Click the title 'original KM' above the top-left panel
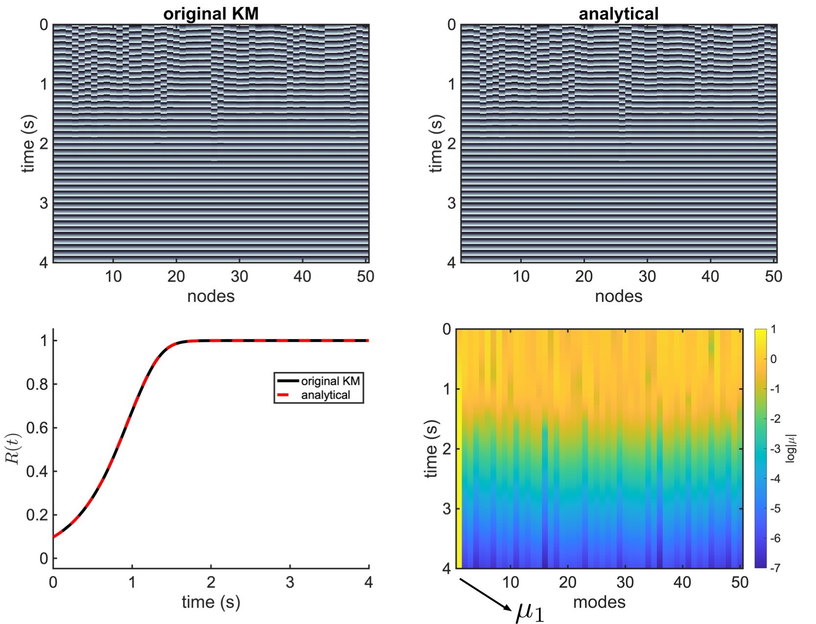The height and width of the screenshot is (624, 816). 210,13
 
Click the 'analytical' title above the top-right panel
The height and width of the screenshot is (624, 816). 618,13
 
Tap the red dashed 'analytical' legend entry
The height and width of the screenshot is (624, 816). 326,395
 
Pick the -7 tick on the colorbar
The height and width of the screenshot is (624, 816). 774,568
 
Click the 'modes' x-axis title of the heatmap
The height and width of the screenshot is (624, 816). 599,601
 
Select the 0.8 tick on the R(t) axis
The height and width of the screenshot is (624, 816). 37,385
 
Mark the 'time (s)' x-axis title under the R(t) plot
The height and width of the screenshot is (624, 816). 210,601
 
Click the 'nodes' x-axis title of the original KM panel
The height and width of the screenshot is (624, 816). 210,296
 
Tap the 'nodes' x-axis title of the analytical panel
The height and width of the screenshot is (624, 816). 618,296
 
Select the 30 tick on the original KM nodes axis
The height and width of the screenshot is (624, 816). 239,277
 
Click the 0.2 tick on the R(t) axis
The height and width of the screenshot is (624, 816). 37,515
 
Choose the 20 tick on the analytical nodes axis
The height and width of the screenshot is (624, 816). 583,277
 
